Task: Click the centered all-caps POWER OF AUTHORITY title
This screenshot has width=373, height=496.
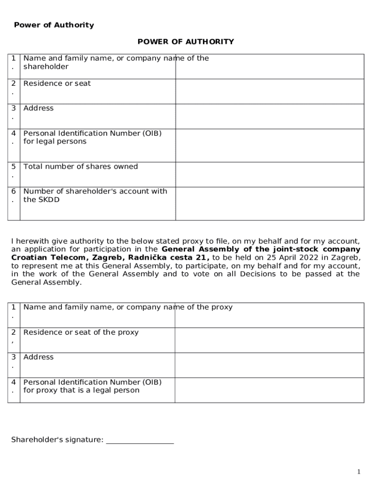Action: (x=186, y=42)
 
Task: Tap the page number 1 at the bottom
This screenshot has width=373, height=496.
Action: (x=358, y=472)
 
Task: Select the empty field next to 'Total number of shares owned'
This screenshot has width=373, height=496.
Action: (x=269, y=174)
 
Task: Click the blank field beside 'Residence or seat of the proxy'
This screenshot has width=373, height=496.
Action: (x=269, y=340)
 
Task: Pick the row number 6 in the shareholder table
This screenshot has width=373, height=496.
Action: (x=14, y=191)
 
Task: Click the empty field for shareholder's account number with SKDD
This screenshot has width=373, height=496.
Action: (x=269, y=203)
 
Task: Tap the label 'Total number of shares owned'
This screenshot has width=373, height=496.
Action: (x=81, y=167)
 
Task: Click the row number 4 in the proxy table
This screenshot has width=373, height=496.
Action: (x=14, y=382)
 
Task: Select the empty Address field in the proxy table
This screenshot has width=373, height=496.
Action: (x=269, y=365)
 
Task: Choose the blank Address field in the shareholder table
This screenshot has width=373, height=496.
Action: (x=269, y=116)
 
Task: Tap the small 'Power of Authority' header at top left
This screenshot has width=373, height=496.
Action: (x=54, y=25)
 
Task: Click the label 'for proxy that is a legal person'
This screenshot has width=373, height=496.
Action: (x=81, y=390)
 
